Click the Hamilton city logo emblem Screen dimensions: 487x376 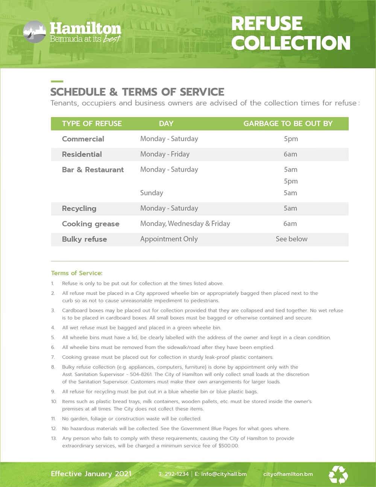(x=35, y=32)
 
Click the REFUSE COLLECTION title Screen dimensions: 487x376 (x=290, y=33)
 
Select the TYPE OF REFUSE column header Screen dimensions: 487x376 (x=92, y=123)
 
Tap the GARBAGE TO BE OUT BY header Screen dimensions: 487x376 (x=288, y=123)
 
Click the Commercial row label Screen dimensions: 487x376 (x=83, y=139)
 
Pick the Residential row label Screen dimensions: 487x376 (x=82, y=154)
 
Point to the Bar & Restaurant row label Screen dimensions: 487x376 (x=93, y=170)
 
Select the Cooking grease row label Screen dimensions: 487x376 (x=91, y=224)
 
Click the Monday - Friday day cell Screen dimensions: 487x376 (x=165, y=154)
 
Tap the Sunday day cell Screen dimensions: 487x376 (x=152, y=193)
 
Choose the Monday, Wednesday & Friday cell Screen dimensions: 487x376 (x=185, y=224)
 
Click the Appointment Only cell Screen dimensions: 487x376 (x=169, y=239)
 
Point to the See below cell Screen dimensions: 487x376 (x=291, y=239)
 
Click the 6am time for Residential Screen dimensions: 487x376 (x=290, y=154)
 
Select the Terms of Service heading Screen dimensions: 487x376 (x=77, y=273)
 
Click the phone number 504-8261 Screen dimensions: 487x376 (x=141, y=374)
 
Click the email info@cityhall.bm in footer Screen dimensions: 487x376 (x=224, y=474)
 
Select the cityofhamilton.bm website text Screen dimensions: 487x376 (x=288, y=474)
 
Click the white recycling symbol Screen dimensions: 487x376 (x=338, y=475)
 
